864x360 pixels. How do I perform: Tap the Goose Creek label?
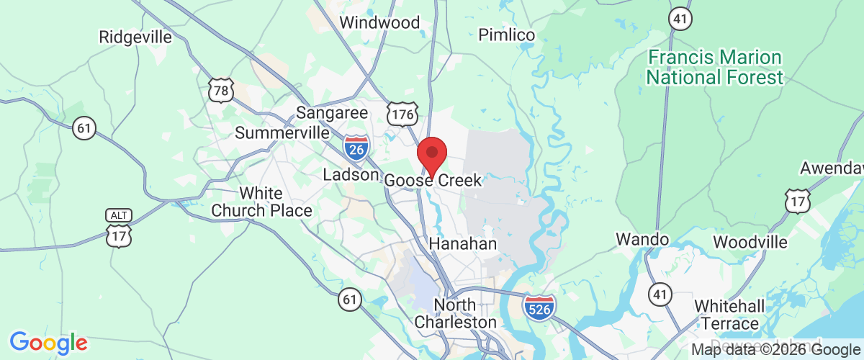click(x=433, y=180)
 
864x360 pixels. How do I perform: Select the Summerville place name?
click(x=282, y=133)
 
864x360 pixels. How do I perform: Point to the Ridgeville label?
click(x=136, y=36)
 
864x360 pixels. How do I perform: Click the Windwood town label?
click(x=379, y=22)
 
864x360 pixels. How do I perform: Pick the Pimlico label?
click(x=507, y=35)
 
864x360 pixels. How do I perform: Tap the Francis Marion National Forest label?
click(x=714, y=67)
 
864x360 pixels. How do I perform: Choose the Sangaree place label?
click(x=333, y=113)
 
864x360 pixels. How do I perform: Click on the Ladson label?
click(x=351, y=174)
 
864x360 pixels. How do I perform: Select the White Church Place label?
click(x=261, y=202)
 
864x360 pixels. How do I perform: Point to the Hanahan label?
click(x=463, y=244)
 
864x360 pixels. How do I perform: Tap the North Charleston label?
click(x=456, y=313)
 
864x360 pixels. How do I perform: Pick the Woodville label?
click(x=750, y=242)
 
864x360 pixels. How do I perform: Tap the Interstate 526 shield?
click(x=540, y=307)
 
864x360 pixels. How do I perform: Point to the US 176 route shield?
click(x=402, y=114)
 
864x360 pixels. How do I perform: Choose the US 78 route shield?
click(x=220, y=90)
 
